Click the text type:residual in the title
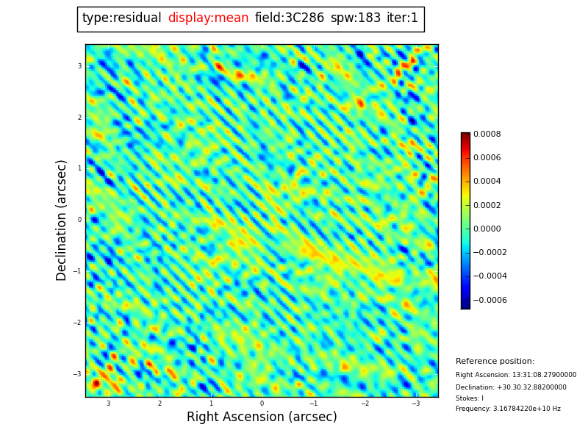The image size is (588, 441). click(122, 18)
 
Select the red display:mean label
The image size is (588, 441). click(208, 18)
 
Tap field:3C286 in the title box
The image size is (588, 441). click(290, 18)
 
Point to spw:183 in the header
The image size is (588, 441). click(356, 18)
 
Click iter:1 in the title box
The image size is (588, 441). click(402, 18)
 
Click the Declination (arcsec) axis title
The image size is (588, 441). click(62, 220)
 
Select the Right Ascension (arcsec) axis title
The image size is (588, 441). click(262, 417)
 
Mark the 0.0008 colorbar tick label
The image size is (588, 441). click(487, 135)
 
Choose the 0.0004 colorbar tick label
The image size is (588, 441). click(487, 182)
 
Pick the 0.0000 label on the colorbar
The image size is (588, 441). click(487, 229)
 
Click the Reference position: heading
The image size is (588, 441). click(495, 362)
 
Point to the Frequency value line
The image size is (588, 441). click(508, 409)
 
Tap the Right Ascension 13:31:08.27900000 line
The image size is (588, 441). click(516, 375)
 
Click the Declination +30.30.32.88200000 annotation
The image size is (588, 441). click(511, 387)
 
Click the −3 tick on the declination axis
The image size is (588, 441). click(78, 374)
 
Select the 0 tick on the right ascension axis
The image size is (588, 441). click(262, 404)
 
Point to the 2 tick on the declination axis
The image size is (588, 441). click(79, 118)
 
